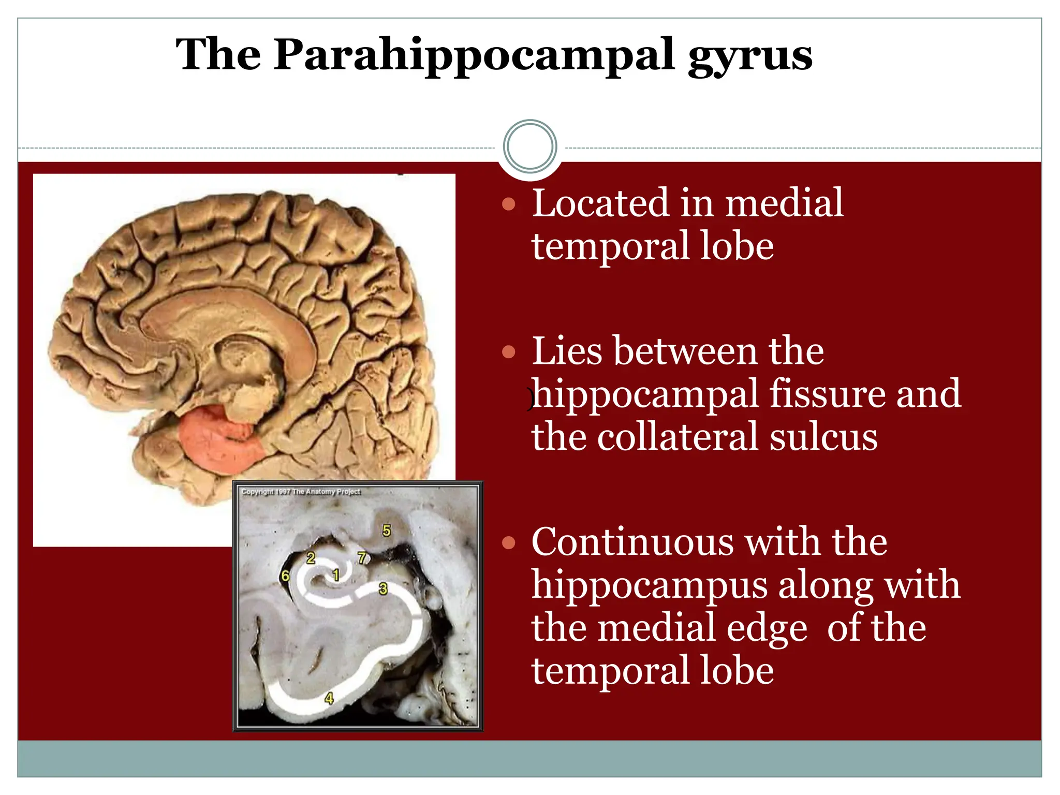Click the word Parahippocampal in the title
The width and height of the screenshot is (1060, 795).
click(x=474, y=55)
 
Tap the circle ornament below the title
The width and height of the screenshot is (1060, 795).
click(x=530, y=146)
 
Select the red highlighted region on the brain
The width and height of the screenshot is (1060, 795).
click(x=220, y=437)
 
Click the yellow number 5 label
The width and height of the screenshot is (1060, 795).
click(x=387, y=530)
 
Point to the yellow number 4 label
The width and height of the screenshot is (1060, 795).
click(x=329, y=698)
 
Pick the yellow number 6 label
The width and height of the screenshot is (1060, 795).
click(x=285, y=575)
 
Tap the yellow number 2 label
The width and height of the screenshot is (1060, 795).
click(x=311, y=557)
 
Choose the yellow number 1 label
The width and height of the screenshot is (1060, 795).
click(x=335, y=574)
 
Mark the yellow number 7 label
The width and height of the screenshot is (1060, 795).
click(x=362, y=557)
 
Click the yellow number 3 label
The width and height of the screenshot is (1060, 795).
click(x=383, y=588)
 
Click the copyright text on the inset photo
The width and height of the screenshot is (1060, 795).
click(x=301, y=491)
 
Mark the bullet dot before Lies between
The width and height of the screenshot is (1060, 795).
click(x=509, y=352)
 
